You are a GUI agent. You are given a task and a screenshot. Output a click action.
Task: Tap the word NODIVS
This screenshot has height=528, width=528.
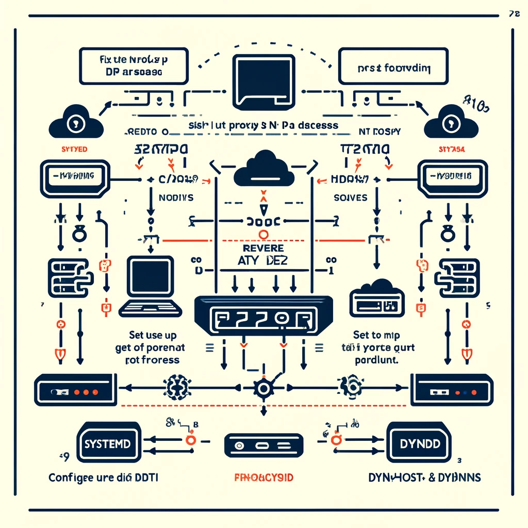(169, 197)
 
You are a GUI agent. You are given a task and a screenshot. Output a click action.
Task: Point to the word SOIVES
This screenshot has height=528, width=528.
(351, 197)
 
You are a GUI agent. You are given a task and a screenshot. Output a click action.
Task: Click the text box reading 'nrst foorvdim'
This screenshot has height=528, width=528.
(392, 66)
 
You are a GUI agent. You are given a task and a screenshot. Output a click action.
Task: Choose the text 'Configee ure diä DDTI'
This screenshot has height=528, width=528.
(104, 478)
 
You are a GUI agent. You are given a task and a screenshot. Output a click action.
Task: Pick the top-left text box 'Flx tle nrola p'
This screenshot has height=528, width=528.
(133, 66)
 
